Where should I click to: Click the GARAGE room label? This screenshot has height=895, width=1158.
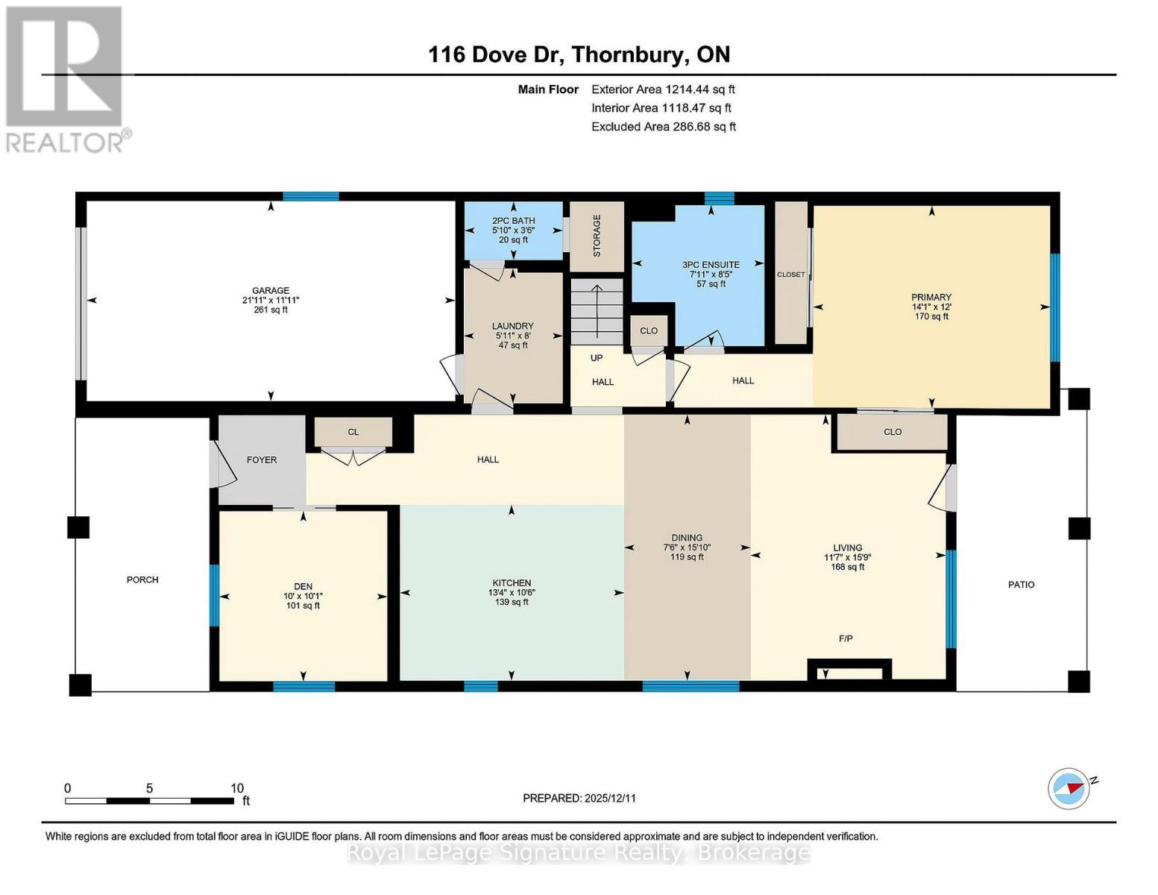click(270, 291)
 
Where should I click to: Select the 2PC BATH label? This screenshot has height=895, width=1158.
click(513, 221)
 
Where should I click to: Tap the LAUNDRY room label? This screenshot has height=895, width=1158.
click(512, 326)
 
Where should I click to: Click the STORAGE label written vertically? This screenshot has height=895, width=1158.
click(597, 236)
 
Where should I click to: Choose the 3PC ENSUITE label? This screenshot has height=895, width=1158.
click(711, 265)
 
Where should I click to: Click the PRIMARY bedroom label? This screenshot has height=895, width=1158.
click(931, 298)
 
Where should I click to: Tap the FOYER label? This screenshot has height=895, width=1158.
click(262, 460)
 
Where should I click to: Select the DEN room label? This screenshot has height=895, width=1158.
click(303, 587)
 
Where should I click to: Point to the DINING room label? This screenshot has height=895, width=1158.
click(687, 538)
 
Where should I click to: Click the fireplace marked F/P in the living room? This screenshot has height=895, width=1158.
click(850, 669)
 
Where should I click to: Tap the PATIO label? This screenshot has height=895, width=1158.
click(1021, 585)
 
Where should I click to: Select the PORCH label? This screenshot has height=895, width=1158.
click(142, 580)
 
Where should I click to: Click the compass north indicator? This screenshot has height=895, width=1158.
click(1069, 788)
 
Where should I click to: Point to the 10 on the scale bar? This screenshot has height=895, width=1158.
click(236, 788)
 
